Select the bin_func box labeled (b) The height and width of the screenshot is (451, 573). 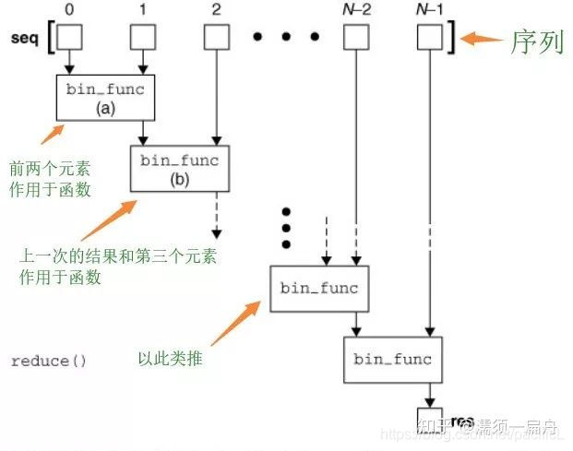(179, 169)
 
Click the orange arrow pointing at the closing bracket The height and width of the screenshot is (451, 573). (481, 39)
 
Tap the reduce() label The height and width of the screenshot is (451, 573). (48, 361)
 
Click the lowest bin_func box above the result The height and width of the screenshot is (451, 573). (392, 359)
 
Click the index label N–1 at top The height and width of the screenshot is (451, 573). (430, 10)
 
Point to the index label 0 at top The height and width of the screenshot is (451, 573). (69, 10)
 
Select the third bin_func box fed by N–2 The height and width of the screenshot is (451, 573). (318, 288)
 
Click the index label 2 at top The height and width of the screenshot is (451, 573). (216, 10)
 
